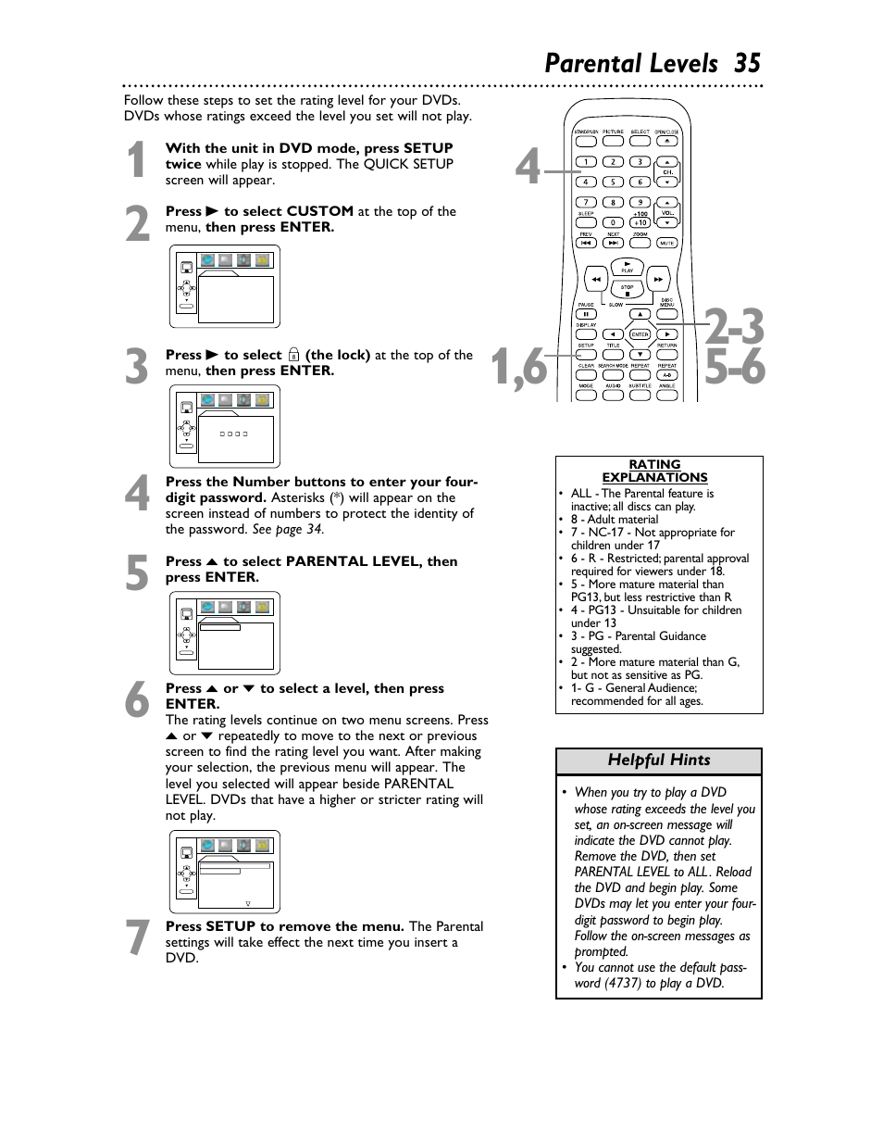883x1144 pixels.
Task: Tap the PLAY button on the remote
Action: click(x=627, y=266)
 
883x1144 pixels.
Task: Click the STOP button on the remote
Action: click(x=627, y=291)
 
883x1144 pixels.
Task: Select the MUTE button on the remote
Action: click(x=666, y=243)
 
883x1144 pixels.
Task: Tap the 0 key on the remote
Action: click(x=612, y=222)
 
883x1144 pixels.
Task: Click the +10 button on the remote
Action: click(x=640, y=222)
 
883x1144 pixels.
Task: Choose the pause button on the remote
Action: click(x=586, y=314)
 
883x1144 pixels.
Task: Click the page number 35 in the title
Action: click(x=747, y=63)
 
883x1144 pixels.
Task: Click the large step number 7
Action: click(x=137, y=938)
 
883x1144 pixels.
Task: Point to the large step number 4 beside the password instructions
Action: click(x=137, y=495)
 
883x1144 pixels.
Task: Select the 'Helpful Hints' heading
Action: click(x=658, y=761)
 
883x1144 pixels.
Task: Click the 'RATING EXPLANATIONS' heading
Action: click(x=654, y=471)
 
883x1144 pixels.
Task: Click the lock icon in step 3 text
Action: click(x=293, y=355)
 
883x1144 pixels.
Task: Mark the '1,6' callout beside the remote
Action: click(x=519, y=369)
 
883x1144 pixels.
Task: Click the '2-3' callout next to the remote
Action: click(x=735, y=327)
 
